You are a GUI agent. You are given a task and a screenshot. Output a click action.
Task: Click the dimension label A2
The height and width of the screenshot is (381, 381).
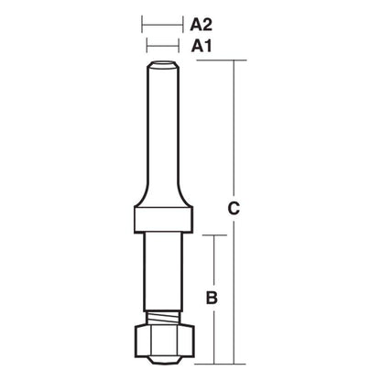201,25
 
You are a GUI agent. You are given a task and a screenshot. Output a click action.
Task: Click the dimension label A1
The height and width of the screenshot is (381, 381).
201,47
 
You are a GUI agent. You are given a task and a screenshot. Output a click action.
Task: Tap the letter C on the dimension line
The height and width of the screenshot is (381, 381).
234,209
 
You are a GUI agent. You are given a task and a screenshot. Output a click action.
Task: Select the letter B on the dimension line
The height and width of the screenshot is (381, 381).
212,298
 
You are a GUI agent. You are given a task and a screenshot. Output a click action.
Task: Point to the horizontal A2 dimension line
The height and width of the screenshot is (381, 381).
162,25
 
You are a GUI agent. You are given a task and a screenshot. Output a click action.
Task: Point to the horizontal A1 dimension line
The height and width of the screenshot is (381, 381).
163,46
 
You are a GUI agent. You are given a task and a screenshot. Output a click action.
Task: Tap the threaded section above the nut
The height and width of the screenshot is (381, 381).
163,318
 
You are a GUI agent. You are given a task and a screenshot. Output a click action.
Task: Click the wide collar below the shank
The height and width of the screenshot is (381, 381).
163,220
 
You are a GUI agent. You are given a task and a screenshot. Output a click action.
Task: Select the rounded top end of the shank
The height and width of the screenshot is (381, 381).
163,65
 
